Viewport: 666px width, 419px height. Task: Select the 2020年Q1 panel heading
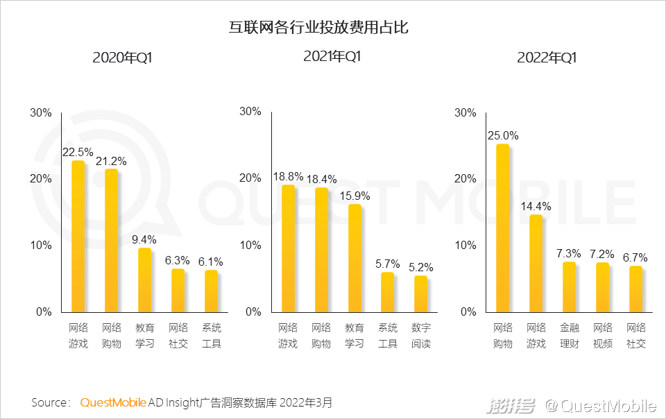122,58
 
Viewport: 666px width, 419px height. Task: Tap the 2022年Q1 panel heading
547,58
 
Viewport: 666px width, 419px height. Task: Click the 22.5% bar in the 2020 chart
78,236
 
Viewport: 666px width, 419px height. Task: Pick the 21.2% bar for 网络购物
111,240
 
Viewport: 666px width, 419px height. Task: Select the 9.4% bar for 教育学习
144,280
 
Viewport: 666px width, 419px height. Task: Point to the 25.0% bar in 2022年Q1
502,228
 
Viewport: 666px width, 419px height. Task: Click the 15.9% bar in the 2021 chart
355,257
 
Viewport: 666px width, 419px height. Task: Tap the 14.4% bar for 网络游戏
535,263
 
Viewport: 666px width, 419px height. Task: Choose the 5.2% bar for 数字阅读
420,293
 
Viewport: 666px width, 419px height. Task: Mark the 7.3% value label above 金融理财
568,253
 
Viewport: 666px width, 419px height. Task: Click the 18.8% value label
288,176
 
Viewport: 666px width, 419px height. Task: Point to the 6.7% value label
635,258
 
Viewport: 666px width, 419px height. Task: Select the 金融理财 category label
569,335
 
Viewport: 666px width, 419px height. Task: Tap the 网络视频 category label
602,335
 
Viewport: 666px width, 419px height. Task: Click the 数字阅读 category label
420,335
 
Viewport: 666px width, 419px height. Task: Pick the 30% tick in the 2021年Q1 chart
250,112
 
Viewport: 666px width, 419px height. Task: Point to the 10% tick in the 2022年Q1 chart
466,245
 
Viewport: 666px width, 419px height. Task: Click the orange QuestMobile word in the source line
113,402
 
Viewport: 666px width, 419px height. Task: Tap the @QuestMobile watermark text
601,405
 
